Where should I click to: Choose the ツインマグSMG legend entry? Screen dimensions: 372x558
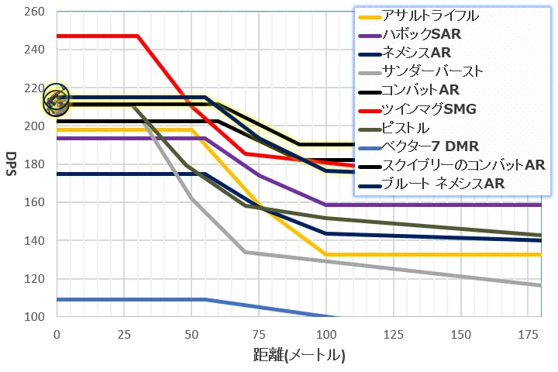click(429, 108)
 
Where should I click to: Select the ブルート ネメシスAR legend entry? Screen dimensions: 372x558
click(443, 184)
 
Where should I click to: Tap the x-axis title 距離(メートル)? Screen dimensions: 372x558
click(298, 356)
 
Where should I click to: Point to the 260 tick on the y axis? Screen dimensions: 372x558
click(36, 12)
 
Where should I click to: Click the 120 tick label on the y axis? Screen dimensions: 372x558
click(36, 278)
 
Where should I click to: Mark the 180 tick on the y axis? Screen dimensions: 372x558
click(36, 164)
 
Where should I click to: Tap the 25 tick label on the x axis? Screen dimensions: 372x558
click(123, 333)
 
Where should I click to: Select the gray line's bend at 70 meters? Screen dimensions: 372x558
click(245, 252)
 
